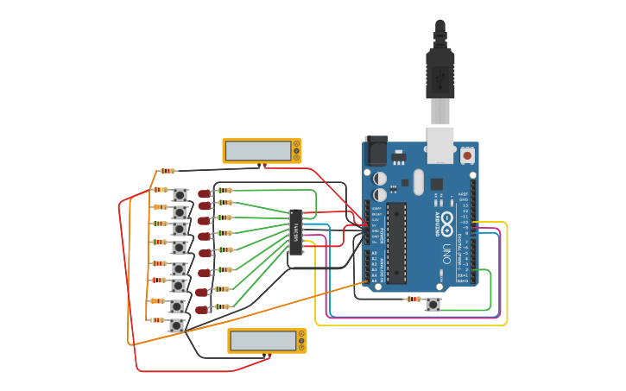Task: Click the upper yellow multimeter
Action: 262,151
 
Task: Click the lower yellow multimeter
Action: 266,341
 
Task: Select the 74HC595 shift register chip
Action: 296,232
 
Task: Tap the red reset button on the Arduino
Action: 467,156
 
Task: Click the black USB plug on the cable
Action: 439,73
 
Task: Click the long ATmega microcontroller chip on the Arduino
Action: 397,243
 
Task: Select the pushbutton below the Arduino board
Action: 433,304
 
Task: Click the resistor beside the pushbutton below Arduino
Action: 414,300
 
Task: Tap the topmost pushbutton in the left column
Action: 180,195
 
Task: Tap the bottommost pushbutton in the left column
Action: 176,325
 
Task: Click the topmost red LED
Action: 204,193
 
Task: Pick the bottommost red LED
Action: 201,309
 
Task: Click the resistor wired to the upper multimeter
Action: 167,171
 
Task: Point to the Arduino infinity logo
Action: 445,223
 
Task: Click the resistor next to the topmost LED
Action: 224,190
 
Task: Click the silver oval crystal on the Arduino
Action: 419,182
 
